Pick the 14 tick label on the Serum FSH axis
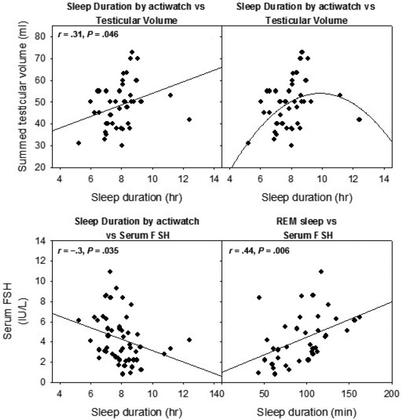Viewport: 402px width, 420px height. [x=46, y=241]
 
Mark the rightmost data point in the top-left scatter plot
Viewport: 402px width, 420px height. [x=189, y=119]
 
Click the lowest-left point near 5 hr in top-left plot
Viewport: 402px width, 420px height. [x=79, y=143]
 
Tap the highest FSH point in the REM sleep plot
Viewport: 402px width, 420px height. [x=321, y=271]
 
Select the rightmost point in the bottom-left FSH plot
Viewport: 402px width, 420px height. [x=189, y=340]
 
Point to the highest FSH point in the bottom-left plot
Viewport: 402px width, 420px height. [x=110, y=271]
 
